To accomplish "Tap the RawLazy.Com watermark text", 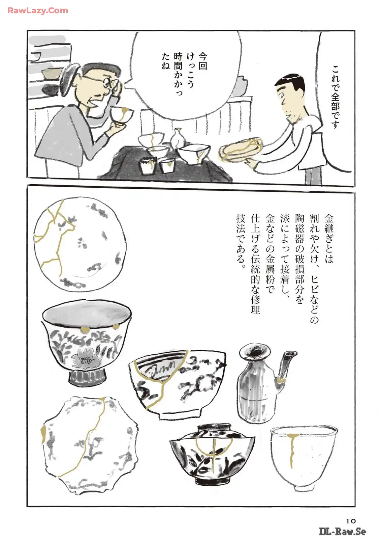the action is coord(38,10).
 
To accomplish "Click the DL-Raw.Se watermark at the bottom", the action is coord(343,531).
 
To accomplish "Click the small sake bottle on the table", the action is coord(177,137).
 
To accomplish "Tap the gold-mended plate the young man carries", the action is coord(241,147).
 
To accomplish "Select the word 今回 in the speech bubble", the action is coord(202,61).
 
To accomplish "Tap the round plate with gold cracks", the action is coord(80,244).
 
